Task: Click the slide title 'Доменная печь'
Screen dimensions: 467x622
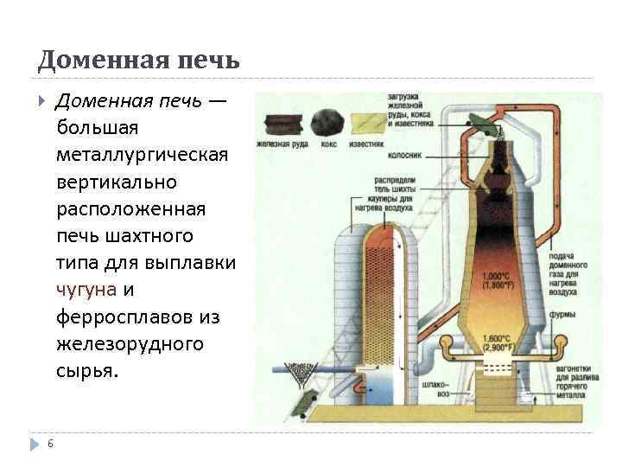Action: pos(138,61)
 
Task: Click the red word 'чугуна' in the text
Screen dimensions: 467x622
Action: pos(82,290)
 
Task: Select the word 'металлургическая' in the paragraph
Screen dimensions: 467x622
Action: pos(142,155)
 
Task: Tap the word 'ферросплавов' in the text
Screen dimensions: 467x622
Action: pos(125,317)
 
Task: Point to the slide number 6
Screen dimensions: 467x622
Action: pos(50,444)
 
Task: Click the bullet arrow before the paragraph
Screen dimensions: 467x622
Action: pos(41,100)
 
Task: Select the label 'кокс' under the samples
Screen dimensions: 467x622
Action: pos(328,144)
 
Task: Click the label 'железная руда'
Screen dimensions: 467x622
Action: pos(280,144)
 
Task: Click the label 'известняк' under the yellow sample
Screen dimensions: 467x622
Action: pos(368,144)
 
